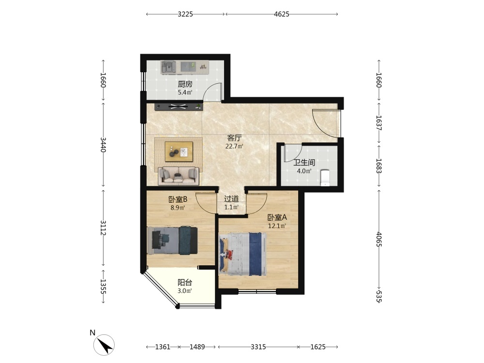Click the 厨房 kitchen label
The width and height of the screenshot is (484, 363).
[185, 84]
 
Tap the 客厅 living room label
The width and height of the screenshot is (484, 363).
[234, 137]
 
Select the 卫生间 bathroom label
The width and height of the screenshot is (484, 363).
[304, 163]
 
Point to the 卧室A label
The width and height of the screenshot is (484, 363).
[277, 217]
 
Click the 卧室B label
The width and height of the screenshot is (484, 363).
[178, 199]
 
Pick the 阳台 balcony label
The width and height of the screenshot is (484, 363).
[185, 283]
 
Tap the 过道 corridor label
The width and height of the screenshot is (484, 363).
[231, 199]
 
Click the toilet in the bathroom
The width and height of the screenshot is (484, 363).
[325, 178]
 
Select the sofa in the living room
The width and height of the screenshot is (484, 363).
[179, 176]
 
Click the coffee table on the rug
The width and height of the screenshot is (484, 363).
[179, 151]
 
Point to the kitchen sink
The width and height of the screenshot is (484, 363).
[168, 67]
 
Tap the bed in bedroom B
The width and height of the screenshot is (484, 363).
[172, 241]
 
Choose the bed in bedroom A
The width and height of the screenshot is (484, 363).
[242, 254]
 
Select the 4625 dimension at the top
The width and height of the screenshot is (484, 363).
[282, 14]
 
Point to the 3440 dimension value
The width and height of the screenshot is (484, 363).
[103, 144]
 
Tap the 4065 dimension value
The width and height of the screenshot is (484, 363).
[379, 239]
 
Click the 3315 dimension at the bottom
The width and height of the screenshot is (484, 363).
[258, 347]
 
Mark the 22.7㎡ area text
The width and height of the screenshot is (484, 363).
[234, 146]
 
